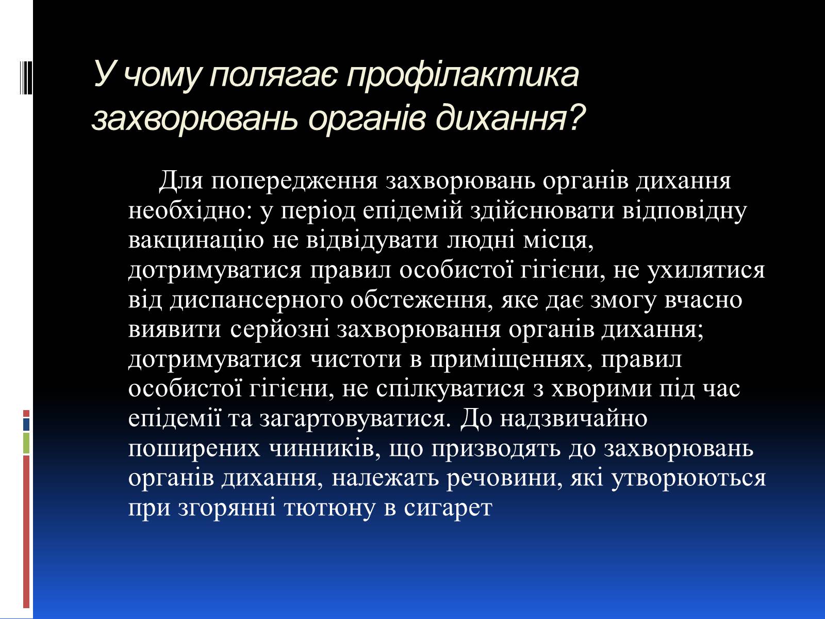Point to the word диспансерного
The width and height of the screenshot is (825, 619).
256,301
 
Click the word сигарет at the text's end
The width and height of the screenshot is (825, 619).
448,509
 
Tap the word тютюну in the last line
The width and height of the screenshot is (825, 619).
329,509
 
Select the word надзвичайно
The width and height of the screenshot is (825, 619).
574,418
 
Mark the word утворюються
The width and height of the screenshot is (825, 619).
688,479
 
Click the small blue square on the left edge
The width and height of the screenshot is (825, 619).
26,425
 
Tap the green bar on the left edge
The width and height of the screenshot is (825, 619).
26,443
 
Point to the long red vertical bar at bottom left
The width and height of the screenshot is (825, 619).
26,532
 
